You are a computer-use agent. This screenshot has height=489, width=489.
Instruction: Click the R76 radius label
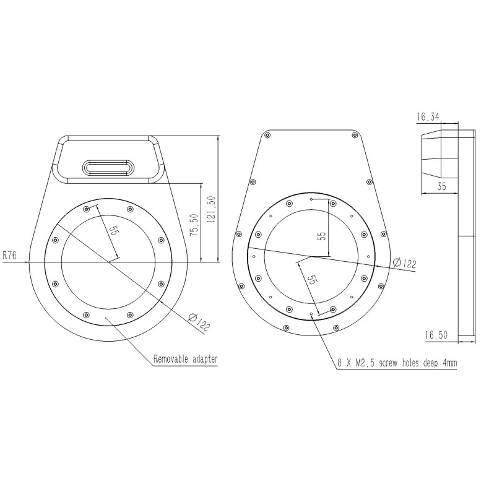click(11, 254)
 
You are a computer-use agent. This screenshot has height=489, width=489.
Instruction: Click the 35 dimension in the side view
click(440, 186)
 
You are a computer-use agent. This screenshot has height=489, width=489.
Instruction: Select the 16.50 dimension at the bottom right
click(436, 334)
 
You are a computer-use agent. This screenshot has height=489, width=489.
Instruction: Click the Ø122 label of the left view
click(200, 321)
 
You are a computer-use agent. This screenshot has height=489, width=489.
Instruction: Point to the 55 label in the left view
click(113, 230)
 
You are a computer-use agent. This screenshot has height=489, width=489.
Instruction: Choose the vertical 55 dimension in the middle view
click(321, 236)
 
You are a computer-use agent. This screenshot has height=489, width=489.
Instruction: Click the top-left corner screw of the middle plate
click(267, 135)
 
